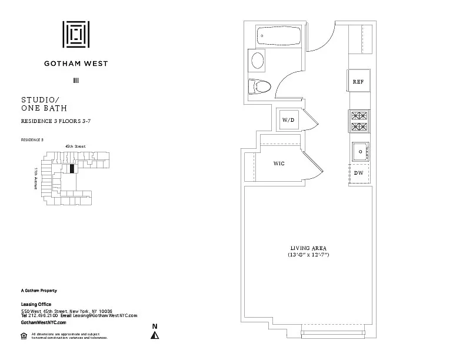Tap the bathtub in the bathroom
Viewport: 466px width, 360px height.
tap(279, 38)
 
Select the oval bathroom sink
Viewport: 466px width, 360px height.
tap(258, 61)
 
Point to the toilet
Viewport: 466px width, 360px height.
tap(259, 87)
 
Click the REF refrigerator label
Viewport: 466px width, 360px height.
tap(358, 82)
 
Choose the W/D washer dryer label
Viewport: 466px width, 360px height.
tap(288, 119)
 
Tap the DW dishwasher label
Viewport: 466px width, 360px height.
tap(358, 172)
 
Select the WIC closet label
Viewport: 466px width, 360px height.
tap(279, 163)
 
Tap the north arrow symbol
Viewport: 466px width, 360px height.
tap(155, 334)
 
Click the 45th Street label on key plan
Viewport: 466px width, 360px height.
tap(75, 146)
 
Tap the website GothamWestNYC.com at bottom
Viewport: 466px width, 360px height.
tap(44, 322)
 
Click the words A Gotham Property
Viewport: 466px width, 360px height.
tap(39, 291)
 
